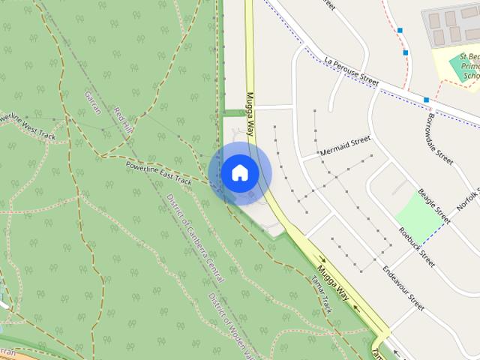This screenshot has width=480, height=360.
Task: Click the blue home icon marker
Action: [x=240, y=173]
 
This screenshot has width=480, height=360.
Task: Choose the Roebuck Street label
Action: [x=417, y=247]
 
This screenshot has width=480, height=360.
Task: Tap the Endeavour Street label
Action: [x=403, y=288]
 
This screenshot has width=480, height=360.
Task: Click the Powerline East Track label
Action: [x=159, y=172]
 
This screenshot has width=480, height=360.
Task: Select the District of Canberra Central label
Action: [x=195, y=237]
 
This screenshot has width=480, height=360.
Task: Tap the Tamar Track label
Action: [x=320, y=293]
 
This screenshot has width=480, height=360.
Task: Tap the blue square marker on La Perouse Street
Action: [x=426, y=99]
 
